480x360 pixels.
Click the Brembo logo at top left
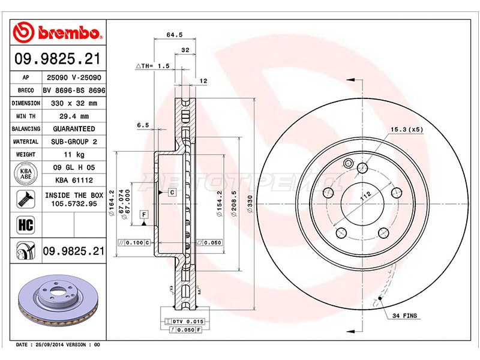tap(57, 32)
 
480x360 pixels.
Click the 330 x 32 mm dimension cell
tap(74, 103)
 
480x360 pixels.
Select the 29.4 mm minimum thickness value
tap(74, 116)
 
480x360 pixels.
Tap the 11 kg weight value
tap(74, 154)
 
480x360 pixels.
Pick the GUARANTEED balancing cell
tap(74, 129)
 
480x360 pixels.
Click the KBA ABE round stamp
tap(26, 174)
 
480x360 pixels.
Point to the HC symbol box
tap(26, 225)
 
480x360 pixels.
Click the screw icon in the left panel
tap(26, 199)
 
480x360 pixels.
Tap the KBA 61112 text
tap(74, 180)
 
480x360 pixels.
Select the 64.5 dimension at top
tap(175, 35)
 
